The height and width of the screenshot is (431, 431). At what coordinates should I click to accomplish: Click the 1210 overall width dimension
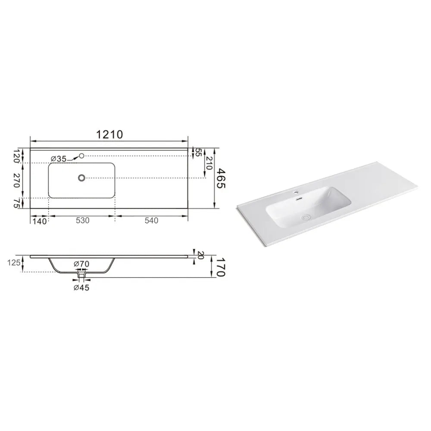[x=109, y=134]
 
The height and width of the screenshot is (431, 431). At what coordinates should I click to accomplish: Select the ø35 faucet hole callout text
[x=59, y=159]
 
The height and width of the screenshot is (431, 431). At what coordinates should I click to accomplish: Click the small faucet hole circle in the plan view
[x=81, y=156]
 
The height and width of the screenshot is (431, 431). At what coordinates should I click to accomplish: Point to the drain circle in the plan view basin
[x=81, y=178]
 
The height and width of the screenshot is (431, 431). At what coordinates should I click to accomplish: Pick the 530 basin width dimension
[x=83, y=220]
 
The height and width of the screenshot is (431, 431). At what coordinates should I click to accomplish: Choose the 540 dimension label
[x=151, y=220]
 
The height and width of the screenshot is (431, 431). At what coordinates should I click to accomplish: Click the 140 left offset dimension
[x=40, y=221]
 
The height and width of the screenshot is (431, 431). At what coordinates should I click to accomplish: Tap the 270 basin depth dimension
[x=17, y=180]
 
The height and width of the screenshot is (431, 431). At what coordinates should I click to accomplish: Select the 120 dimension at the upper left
[x=17, y=156]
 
